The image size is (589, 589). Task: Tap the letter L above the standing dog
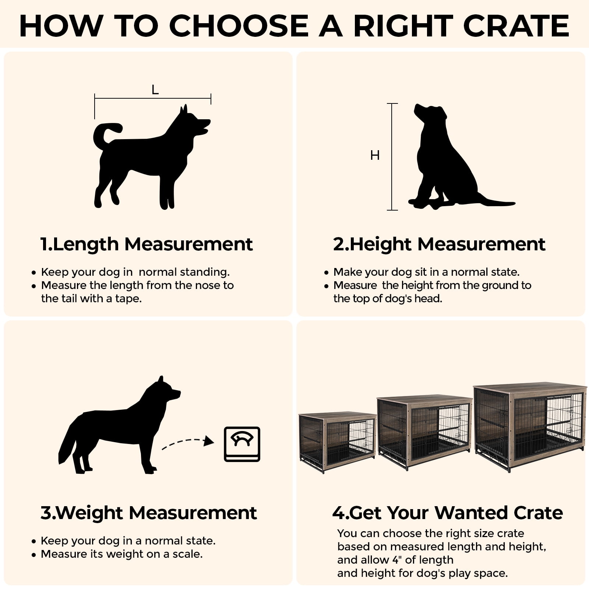pos(155,89)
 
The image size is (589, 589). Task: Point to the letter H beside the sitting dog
pos(375,155)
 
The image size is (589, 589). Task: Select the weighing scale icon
pos(242,444)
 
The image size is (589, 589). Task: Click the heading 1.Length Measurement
pos(147,244)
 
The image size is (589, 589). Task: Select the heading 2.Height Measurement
pos(439,244)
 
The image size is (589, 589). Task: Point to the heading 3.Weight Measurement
pos(148,513)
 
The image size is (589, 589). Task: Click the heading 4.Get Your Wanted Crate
pos(447,513)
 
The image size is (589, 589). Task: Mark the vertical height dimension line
pos(392,157)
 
